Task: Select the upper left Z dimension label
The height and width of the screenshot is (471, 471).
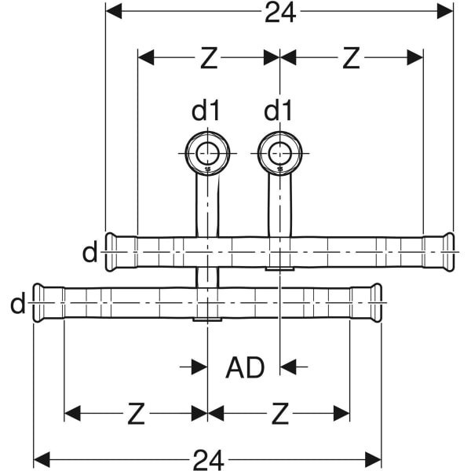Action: coord(208,57)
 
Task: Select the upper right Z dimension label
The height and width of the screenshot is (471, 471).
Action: coord(351,57)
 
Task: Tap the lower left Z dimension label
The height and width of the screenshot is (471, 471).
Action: coord(136,414)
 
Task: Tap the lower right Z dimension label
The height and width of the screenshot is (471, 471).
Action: coord(279,414)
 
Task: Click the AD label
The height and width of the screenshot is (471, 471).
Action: coord(245,367)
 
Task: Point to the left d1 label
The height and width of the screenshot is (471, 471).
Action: coord(206,111)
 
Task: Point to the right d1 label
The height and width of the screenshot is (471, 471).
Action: coord(278,111)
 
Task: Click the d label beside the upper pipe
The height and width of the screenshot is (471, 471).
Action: coord(90,253)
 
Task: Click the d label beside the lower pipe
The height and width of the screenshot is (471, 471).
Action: coord(18,304)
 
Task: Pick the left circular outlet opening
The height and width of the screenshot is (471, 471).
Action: coord(207,153)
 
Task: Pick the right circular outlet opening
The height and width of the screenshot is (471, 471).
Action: coord(279,153)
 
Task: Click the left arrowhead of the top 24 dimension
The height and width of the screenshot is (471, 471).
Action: coord(114,12)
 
